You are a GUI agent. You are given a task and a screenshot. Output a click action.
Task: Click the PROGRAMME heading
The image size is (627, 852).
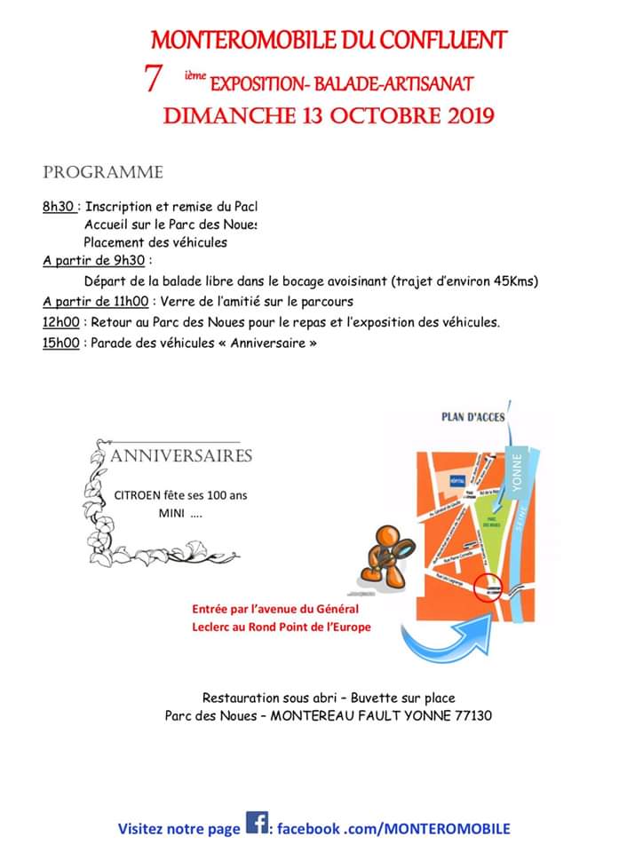[x=103, y=172]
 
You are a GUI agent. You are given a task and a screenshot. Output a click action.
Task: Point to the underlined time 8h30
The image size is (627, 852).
[x=59, y=206]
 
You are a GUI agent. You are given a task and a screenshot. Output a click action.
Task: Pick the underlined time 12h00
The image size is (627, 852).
[x=60, y=321]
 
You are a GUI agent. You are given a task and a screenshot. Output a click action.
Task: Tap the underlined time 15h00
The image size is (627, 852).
[x=60, y=343]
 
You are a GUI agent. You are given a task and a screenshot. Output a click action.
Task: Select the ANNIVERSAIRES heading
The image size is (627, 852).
[x=181, y=456]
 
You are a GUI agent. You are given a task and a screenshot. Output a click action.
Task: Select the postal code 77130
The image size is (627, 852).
[x=473, y=715]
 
